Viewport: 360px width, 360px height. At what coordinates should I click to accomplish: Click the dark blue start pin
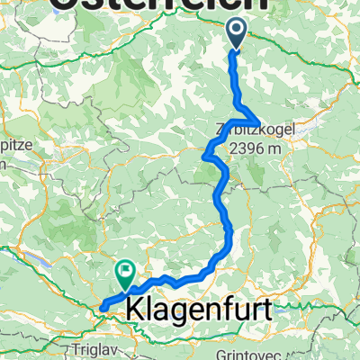click(236, 35)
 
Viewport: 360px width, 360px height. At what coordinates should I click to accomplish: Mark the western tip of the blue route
click(101, 309)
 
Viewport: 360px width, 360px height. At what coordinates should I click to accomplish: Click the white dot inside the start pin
click(236, 31)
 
